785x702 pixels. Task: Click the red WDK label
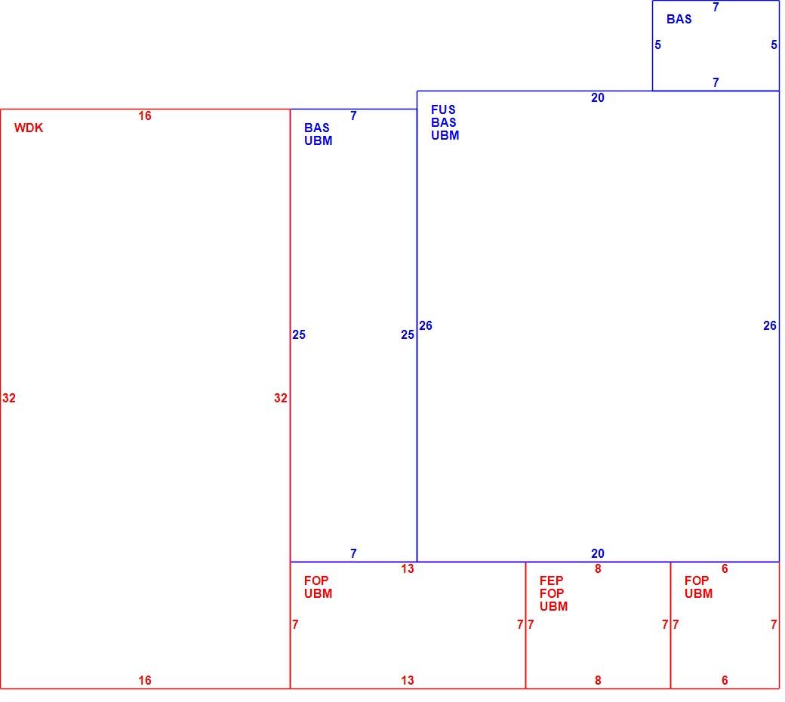[29, 128]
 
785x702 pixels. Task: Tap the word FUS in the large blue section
[443, 109]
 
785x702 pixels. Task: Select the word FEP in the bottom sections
[551, 580]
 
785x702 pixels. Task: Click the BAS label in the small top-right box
[679, 19]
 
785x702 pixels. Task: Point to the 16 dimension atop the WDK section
[145, 116]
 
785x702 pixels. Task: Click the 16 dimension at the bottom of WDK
[145, 680]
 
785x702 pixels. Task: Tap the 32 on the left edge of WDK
[9, 398]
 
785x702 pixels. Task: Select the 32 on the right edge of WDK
[281, 398]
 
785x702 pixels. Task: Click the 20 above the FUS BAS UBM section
[598, 98]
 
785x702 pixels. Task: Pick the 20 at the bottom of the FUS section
[598, 554]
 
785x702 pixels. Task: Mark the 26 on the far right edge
[770, 326]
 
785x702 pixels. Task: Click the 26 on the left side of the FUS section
[426, 326]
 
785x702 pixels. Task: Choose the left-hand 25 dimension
[299, 335]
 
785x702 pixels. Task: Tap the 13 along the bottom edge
[408, 680]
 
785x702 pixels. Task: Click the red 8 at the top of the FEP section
[598, 569]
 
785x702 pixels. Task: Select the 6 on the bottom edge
[725, 680]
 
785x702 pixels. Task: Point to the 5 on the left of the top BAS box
[658, 45]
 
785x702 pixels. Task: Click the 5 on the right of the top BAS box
[774, 45]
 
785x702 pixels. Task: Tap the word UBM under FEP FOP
[554, 606]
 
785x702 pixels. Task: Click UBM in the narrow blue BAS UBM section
[319, 141]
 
